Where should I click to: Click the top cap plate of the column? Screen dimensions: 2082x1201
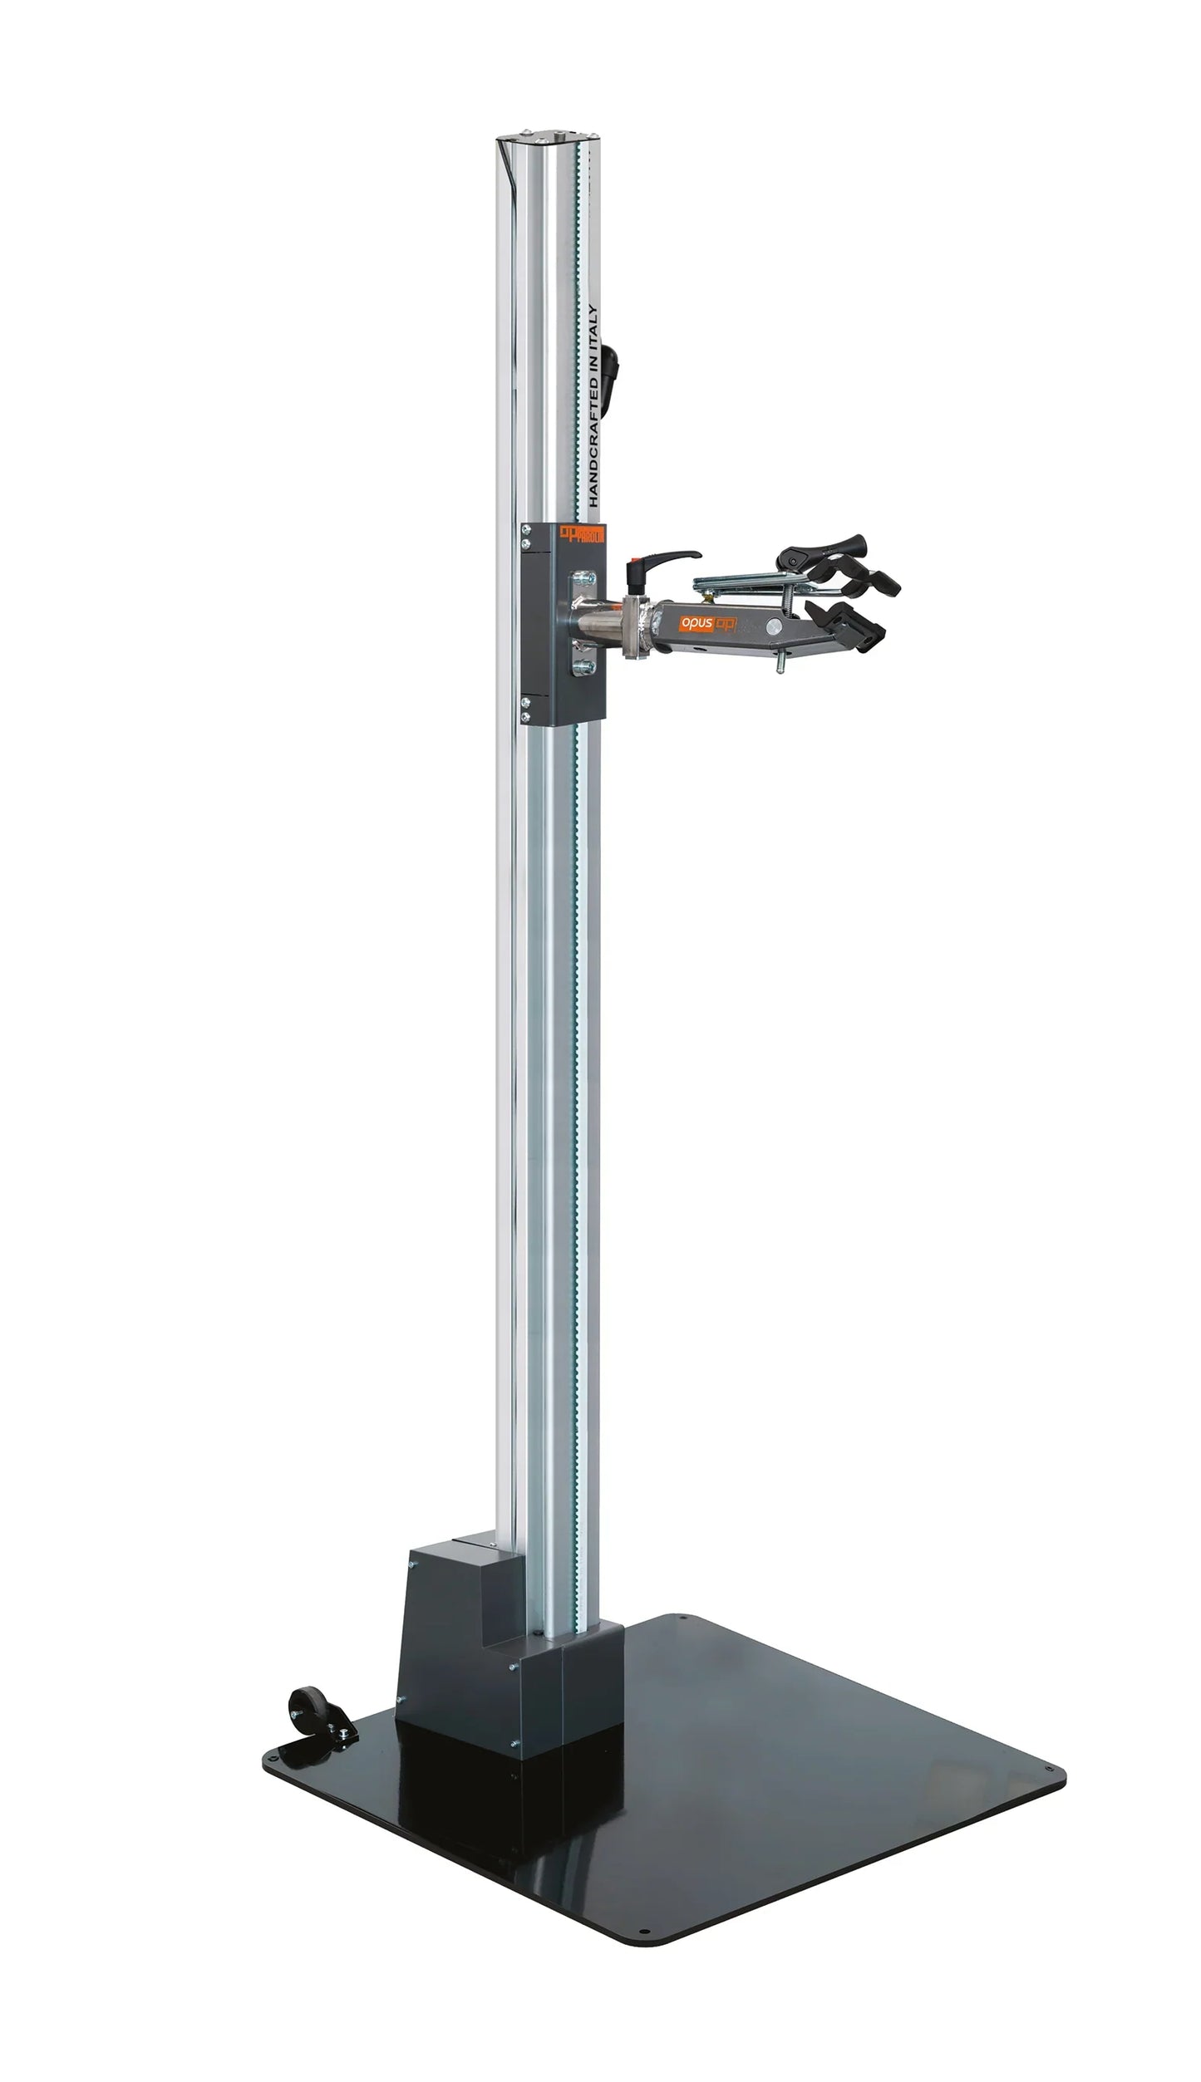[546, 136]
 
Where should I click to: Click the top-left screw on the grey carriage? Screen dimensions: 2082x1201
[526, 529]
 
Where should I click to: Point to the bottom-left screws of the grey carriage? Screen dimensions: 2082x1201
[526, 710]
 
